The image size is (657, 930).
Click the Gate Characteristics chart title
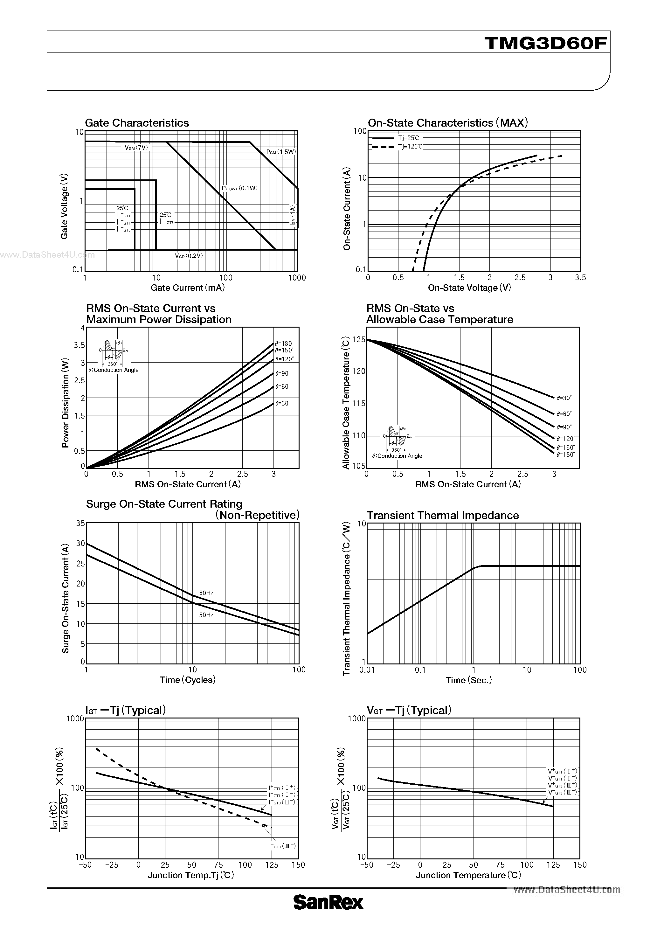(x=137, y=123)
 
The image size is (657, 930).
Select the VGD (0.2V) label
(x=189, y=256)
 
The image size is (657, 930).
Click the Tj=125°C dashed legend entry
(x=397, y=147)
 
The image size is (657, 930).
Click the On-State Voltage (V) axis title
(x=469, y=288)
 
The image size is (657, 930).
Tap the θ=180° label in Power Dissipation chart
(x=284, y=344)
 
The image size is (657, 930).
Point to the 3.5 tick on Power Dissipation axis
(x=80, y=345)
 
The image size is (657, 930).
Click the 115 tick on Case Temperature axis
(x=359, y=403)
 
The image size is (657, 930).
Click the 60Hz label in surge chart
(x=206, y=593)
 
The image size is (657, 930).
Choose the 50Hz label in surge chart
(x=206, y=615)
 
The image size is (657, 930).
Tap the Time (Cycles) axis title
(x=188, y=680)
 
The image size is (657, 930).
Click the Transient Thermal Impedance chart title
(x=443, y=515)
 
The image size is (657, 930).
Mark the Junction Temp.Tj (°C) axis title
(x=191, y=875)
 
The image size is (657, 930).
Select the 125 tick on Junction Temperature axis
(x=553, y=865)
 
